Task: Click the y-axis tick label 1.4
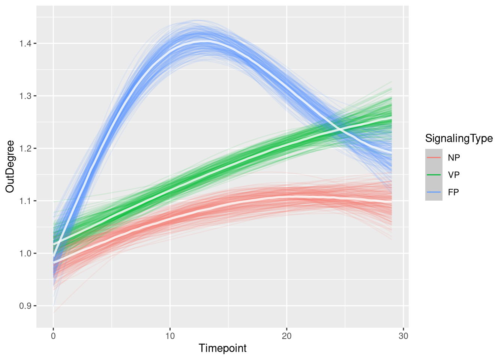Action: tap(25, 44)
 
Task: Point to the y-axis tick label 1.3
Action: tap(25, 96)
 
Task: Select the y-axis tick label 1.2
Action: tap(25, 149)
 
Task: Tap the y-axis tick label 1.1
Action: tap(25, 201)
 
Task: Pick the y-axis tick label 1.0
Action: tap(25, 254)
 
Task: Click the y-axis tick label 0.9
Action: tap(25, 306)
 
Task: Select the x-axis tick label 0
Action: tap(53, 336)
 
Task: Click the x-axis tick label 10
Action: tap(170, 336)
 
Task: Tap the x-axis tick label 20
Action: tap(286, 336)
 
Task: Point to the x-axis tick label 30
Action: tap(403, 336)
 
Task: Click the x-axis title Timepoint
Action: tap(222, 348)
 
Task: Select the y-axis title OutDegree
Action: tap(10, 166)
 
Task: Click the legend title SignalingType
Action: tap(459, 138)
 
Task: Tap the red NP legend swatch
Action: tap(433, 157)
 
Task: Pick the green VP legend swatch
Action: tap(433, 175)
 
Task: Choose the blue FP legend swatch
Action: tap(433, 192)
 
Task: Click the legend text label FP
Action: tap(453, 192)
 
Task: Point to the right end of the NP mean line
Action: tap(391, 202)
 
